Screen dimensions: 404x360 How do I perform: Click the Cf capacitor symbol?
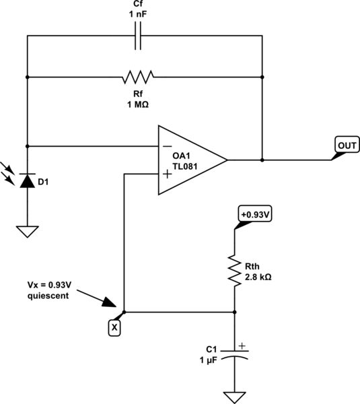coord(139,38)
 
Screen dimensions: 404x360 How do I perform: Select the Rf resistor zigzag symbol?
coord(139,77)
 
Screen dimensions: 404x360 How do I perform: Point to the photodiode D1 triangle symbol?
coord(27,180)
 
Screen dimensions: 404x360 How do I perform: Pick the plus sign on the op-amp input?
coord(166,175)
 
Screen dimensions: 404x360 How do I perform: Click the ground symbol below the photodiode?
coord(27,231)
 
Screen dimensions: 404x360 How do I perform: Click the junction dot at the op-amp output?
coord(262,160)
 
